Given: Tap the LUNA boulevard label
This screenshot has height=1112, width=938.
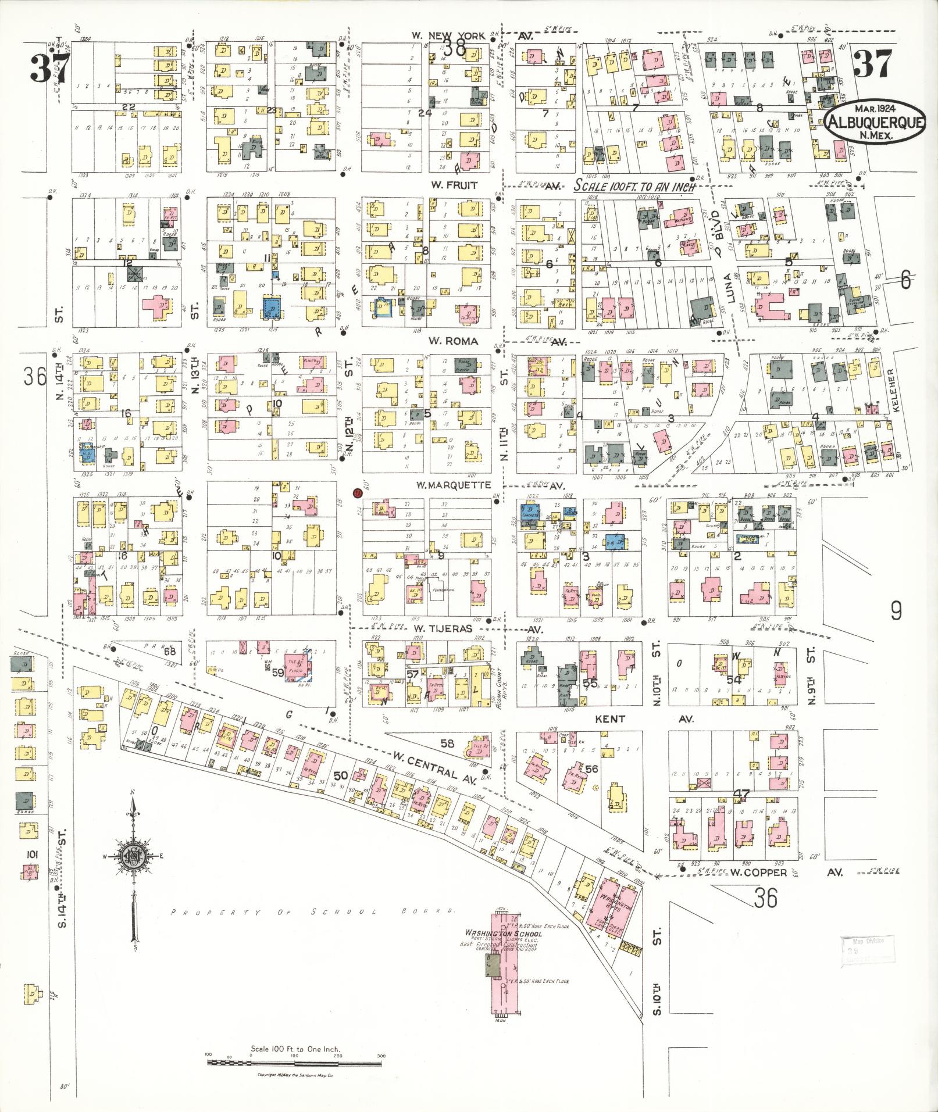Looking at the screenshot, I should (x=732, y=289).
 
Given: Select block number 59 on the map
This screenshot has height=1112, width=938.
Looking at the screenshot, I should (x=277, y=673).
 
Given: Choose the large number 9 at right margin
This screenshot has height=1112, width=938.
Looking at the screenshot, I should (x=897, y=610).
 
